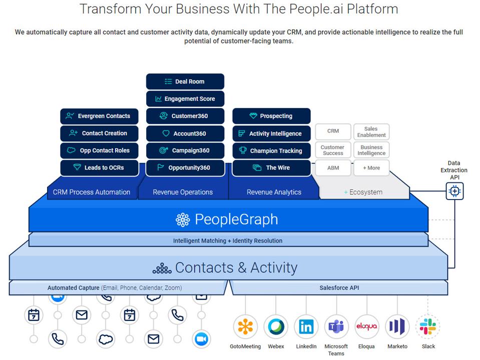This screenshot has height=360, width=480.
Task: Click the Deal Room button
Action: pos(185,81)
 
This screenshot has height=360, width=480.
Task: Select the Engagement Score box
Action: pos(185,98)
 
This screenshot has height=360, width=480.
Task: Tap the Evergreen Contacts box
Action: pos(99,116)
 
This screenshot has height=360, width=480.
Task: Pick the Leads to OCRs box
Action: pos(99,167)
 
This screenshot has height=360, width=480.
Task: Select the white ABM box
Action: pos(333,168)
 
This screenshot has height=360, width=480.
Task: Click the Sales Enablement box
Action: pos(371,132)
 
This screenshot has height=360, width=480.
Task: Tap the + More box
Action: pos(371,168)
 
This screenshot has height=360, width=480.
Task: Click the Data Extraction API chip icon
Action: pos(454,190)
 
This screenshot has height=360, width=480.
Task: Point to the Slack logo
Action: pos(428,326)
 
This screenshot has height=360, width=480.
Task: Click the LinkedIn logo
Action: pos(306,326)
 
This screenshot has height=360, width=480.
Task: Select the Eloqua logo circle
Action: pos(366,326)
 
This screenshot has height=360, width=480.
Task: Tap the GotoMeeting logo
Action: pos(245,326)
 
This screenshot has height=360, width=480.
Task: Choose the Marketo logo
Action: pos(397,326)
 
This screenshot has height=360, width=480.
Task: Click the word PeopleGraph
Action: pos(236,219)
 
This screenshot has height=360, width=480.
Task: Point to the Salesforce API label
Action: pos(339,288)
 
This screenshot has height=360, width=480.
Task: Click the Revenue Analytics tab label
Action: pos(274,192)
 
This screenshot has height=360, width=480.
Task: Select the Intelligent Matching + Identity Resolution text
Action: pos(228,240)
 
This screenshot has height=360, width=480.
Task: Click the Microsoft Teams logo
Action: pos(336,326)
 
